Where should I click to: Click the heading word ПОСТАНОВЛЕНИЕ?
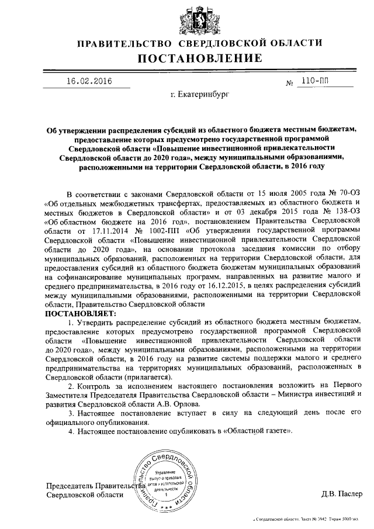200,58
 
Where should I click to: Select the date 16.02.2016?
88,81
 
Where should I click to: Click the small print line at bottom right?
310,519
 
